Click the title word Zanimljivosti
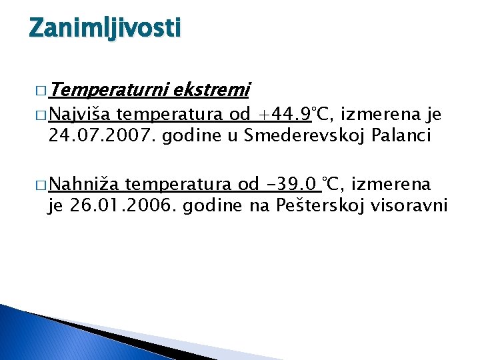tap(105, 28)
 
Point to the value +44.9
tap(285, 115)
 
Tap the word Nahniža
tap(84, 184)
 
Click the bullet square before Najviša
tap(35, 116)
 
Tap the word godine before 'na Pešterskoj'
tap(215, 206)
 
